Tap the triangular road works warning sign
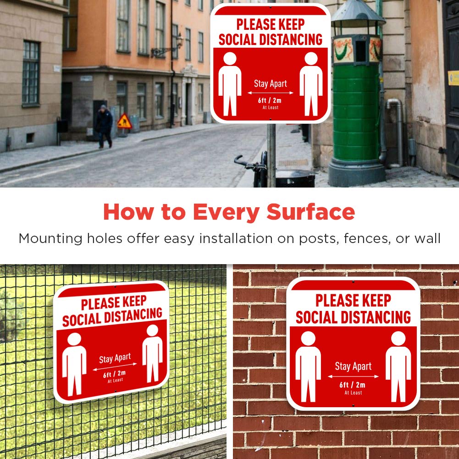tap(124, 122)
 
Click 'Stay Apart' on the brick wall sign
tap(353, 366)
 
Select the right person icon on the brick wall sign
tap(398, 366)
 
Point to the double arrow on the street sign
tap(271, 93)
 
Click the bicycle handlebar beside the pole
tap(248, 163)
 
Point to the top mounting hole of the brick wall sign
tap(353, 281)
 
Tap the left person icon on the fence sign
tap(74, 364)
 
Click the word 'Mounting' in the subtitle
tap(51, 238)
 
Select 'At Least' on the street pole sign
tap(271, 108)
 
